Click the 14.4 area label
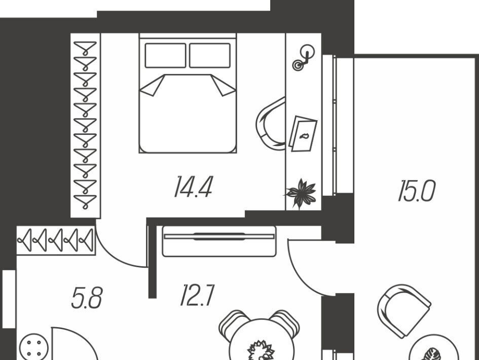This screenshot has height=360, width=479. point(193,187)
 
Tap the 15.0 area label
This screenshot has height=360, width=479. point(416,192)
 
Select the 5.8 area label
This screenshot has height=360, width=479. point(87,299)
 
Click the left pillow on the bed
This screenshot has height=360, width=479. point(165,55)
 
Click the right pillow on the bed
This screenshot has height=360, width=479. point(210,55)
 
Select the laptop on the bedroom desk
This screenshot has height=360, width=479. point(303,134)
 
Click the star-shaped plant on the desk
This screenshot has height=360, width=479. point(301,193)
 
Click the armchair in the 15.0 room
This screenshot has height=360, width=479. point(403,310)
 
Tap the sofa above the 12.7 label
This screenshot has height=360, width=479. point(219,241)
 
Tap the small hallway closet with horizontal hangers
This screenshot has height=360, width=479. point(56,240)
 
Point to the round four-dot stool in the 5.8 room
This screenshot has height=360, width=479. point(34,348)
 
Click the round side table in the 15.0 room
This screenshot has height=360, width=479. point(433,351)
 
